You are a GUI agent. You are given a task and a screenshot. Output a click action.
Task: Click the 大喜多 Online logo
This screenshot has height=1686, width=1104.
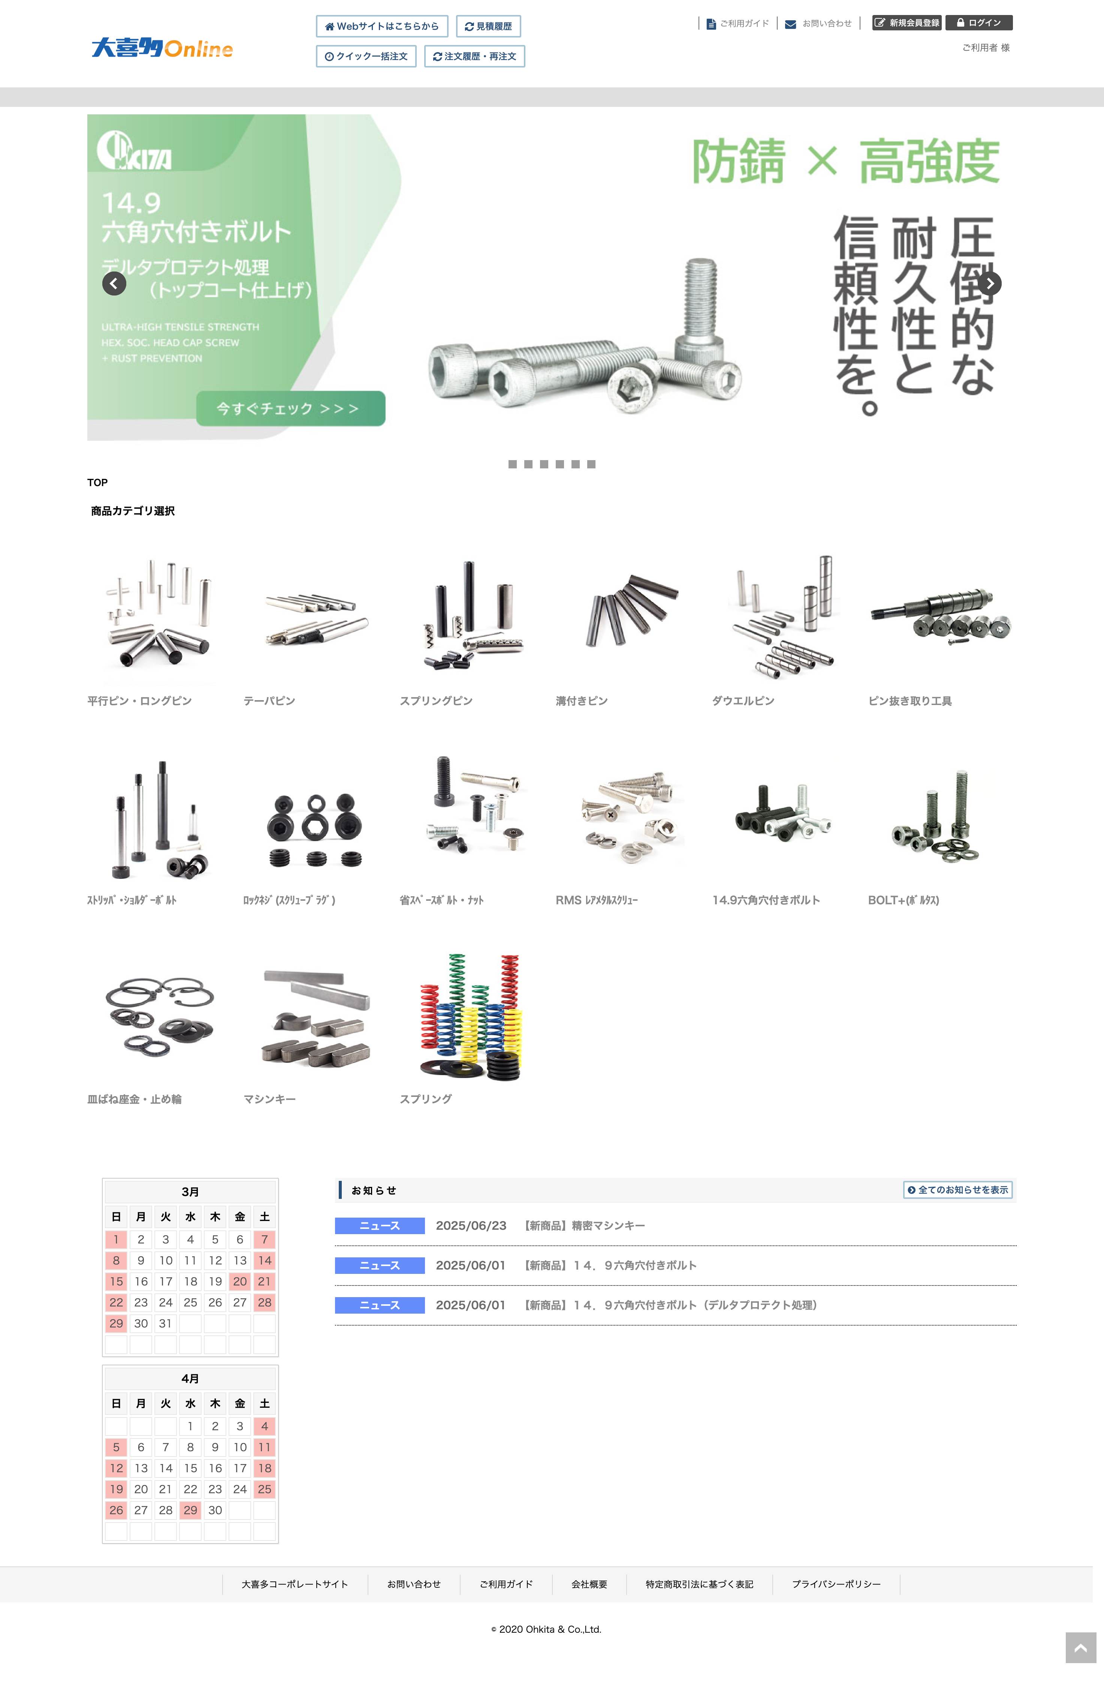162,48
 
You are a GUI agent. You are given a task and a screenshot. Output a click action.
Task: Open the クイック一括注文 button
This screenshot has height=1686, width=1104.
366,56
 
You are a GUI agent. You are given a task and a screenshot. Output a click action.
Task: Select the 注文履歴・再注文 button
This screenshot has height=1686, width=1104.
474,56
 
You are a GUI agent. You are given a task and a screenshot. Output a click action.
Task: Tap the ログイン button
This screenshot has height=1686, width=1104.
979,22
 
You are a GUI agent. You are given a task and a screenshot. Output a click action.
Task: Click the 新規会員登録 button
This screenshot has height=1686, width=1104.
907,22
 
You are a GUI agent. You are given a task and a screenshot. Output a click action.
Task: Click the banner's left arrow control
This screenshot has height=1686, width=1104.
114,283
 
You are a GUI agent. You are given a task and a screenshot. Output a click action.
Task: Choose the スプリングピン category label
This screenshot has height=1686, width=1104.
435,700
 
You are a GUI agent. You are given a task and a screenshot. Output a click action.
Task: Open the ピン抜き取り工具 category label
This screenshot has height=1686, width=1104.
910,700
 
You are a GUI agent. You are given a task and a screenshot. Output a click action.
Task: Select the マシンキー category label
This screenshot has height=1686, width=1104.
269,1099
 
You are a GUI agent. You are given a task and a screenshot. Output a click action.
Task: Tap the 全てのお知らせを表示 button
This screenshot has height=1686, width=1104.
958,1189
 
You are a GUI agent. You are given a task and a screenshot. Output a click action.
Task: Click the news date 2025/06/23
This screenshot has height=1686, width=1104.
471,1225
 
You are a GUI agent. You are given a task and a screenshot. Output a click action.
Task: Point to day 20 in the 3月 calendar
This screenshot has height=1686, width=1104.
240,1281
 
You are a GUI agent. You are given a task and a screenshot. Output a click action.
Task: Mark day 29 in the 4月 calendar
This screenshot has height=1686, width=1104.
190,1510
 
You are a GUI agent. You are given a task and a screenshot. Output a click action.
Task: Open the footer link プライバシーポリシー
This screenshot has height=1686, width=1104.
836,1584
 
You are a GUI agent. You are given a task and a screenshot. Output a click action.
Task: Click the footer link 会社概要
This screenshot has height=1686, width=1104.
589,1584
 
